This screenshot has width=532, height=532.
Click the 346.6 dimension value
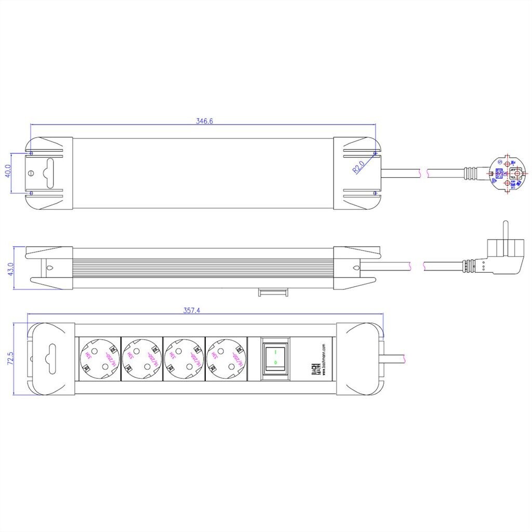205,121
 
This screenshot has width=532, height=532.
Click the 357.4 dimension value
192,310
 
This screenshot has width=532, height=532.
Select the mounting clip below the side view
272,291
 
